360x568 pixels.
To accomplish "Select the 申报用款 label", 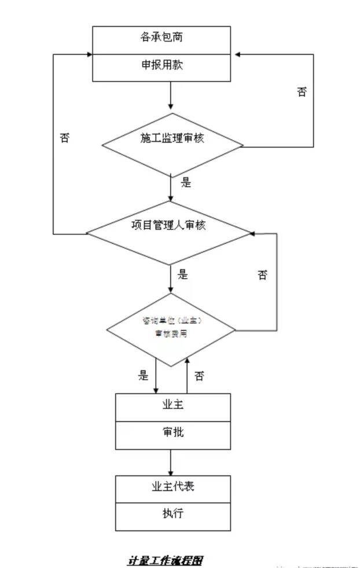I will coord(162,65).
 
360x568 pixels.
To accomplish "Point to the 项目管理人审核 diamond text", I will coord(169,225).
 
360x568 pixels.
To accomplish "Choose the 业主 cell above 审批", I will coord(172,405).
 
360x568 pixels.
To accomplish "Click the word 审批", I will coord(172,432).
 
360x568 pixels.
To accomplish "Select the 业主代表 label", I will coord(172,487).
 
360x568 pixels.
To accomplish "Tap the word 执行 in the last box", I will coord(172,513).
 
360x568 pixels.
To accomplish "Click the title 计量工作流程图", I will coord(165,560).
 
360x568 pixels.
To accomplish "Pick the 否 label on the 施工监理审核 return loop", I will coord(302,92).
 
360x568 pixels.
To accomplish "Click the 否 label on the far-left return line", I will coord(65,138).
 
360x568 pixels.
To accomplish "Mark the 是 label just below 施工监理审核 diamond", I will coord(186,183).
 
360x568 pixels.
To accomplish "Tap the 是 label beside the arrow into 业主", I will coord(144,376).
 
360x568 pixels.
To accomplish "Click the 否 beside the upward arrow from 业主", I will coord(199,376).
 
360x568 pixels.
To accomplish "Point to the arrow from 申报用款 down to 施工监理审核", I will coord(170,96).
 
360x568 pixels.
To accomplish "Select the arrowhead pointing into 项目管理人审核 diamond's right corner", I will coord(252,233).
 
